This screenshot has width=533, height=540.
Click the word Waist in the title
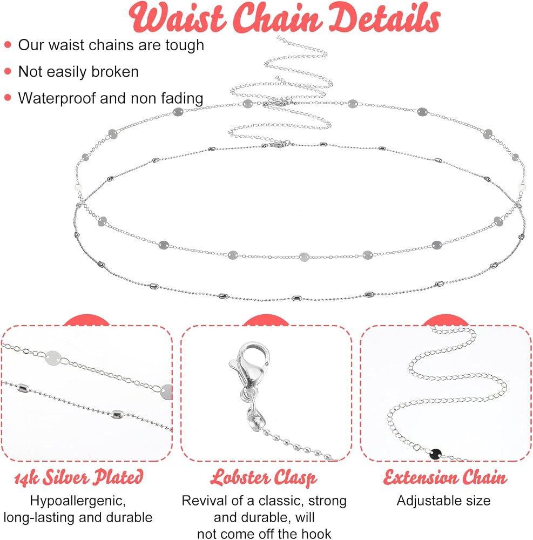point(177,18)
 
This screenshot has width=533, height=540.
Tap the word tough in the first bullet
point(185,45)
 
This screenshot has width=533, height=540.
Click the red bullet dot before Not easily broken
point(8,72)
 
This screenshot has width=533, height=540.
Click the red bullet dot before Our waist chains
point(8,45)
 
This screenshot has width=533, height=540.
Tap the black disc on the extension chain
point(436,454)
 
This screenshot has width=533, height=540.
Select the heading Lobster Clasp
point(264,478)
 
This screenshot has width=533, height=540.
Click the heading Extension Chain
point(445,478)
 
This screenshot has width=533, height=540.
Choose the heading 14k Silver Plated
point(78,477)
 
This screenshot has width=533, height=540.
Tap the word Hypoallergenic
point(78,501)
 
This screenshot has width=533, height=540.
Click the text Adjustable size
point(443,501)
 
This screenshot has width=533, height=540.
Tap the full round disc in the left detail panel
point(53,358)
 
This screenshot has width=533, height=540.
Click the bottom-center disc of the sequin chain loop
point(304,257)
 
